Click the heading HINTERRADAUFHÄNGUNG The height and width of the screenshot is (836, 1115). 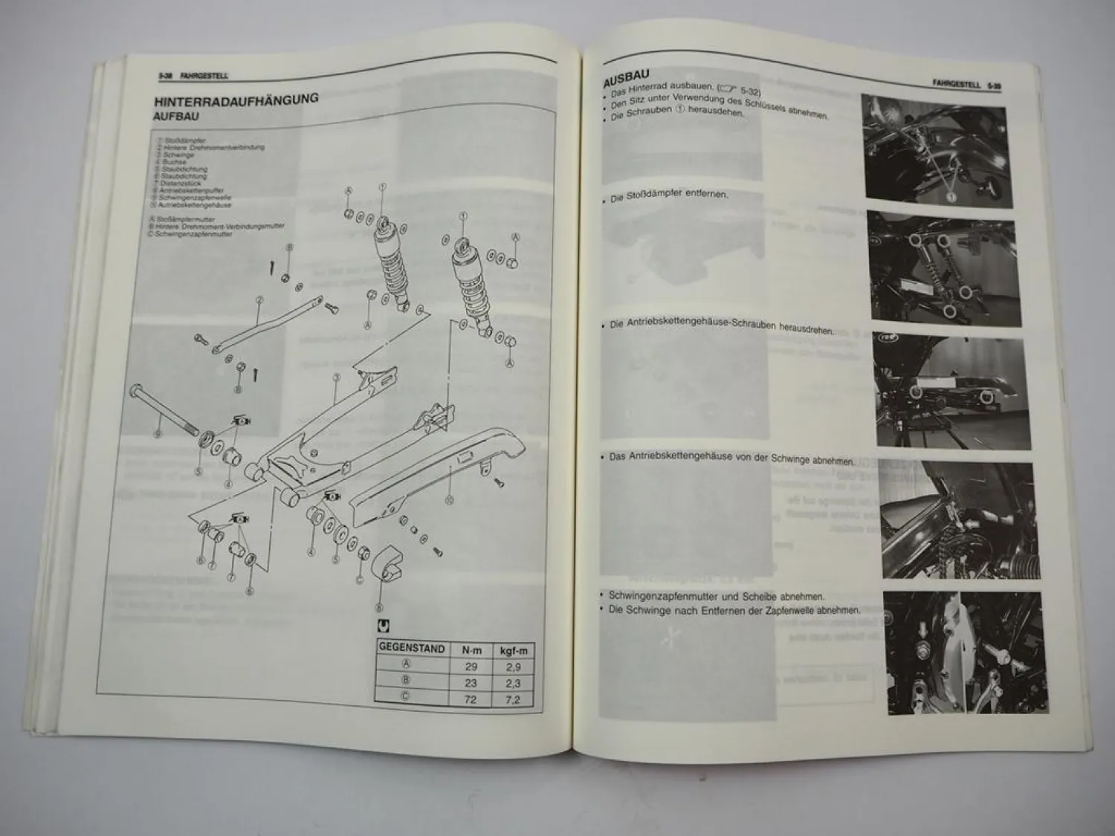[236, 100]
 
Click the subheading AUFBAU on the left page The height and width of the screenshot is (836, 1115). [176, 117]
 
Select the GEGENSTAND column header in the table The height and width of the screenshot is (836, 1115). [411, 648]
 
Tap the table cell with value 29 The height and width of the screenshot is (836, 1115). [471, 667]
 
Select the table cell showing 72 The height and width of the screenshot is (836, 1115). [471, 699]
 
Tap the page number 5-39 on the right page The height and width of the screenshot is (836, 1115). [994, 86]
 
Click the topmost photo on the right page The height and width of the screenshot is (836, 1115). [935, 152]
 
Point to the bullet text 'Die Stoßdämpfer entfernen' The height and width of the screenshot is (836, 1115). [669, 197]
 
